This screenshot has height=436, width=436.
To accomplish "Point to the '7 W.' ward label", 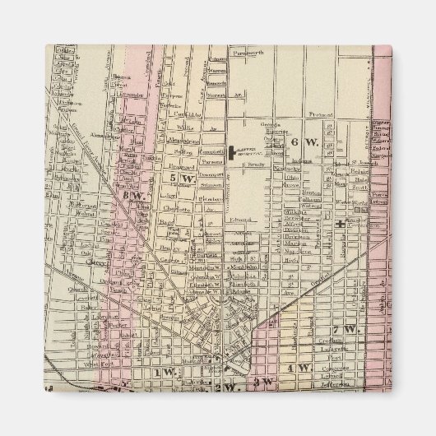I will (351, 328).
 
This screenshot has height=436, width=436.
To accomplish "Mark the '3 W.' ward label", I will (263, 382).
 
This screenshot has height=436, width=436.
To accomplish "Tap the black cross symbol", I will (339, 224).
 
